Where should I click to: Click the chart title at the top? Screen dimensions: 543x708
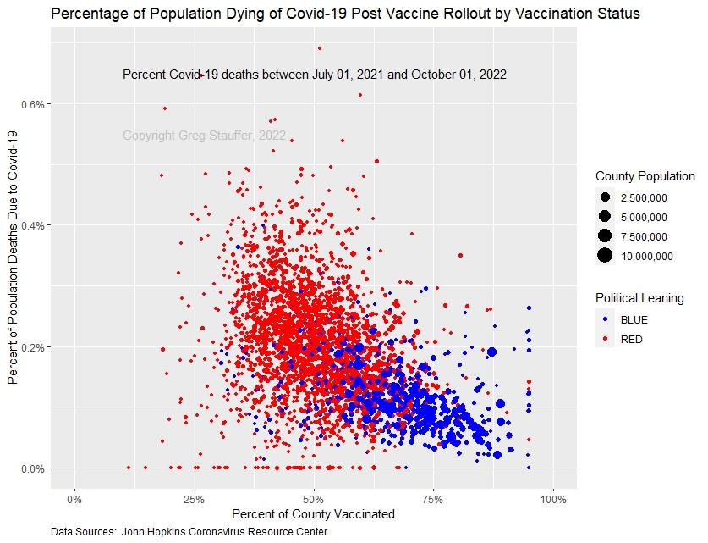345,14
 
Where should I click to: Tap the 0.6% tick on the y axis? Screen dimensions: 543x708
33,104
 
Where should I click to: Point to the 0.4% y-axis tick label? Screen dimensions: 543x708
33,225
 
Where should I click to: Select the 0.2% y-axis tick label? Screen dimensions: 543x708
33,347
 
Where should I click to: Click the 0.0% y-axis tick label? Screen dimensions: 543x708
33,468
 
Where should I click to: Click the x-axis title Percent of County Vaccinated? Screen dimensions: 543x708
314,513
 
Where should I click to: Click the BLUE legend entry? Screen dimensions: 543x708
632,321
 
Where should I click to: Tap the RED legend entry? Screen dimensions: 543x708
631,340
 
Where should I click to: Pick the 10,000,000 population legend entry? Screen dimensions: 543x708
646,257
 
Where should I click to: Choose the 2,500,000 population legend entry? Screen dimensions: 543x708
644,198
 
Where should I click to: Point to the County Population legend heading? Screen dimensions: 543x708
645,177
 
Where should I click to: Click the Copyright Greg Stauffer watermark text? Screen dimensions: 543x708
204,136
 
